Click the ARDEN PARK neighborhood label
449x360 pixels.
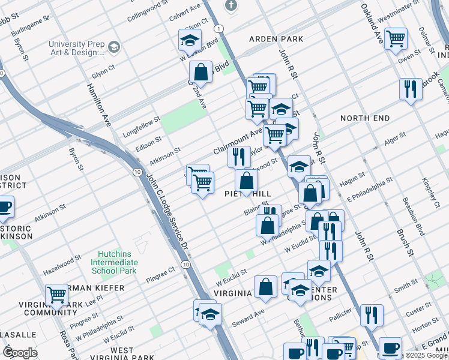point(277,39)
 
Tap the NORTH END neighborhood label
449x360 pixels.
point(365,118)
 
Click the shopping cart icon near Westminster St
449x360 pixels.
point(396,39)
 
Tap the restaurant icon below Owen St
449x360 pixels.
point(411,89)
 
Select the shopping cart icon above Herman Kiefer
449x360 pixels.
point(56,295)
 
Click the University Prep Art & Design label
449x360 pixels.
point(77,49)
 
